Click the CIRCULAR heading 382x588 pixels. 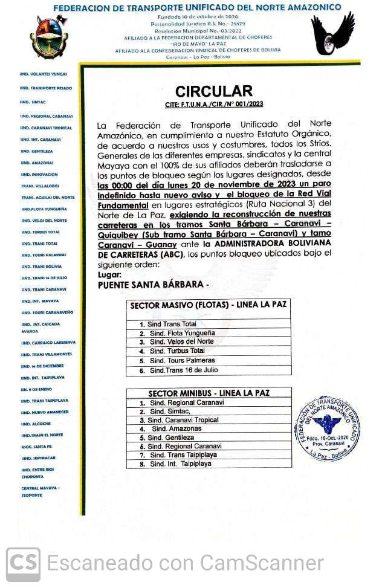coord(214,91)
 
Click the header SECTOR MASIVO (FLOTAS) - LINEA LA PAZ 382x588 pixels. coord(209,305)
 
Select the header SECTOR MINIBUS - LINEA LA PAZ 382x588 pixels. coord(209,393)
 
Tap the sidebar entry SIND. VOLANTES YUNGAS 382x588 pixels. coord(44,74)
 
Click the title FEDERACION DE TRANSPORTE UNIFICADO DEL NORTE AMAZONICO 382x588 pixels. coord(197,8)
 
